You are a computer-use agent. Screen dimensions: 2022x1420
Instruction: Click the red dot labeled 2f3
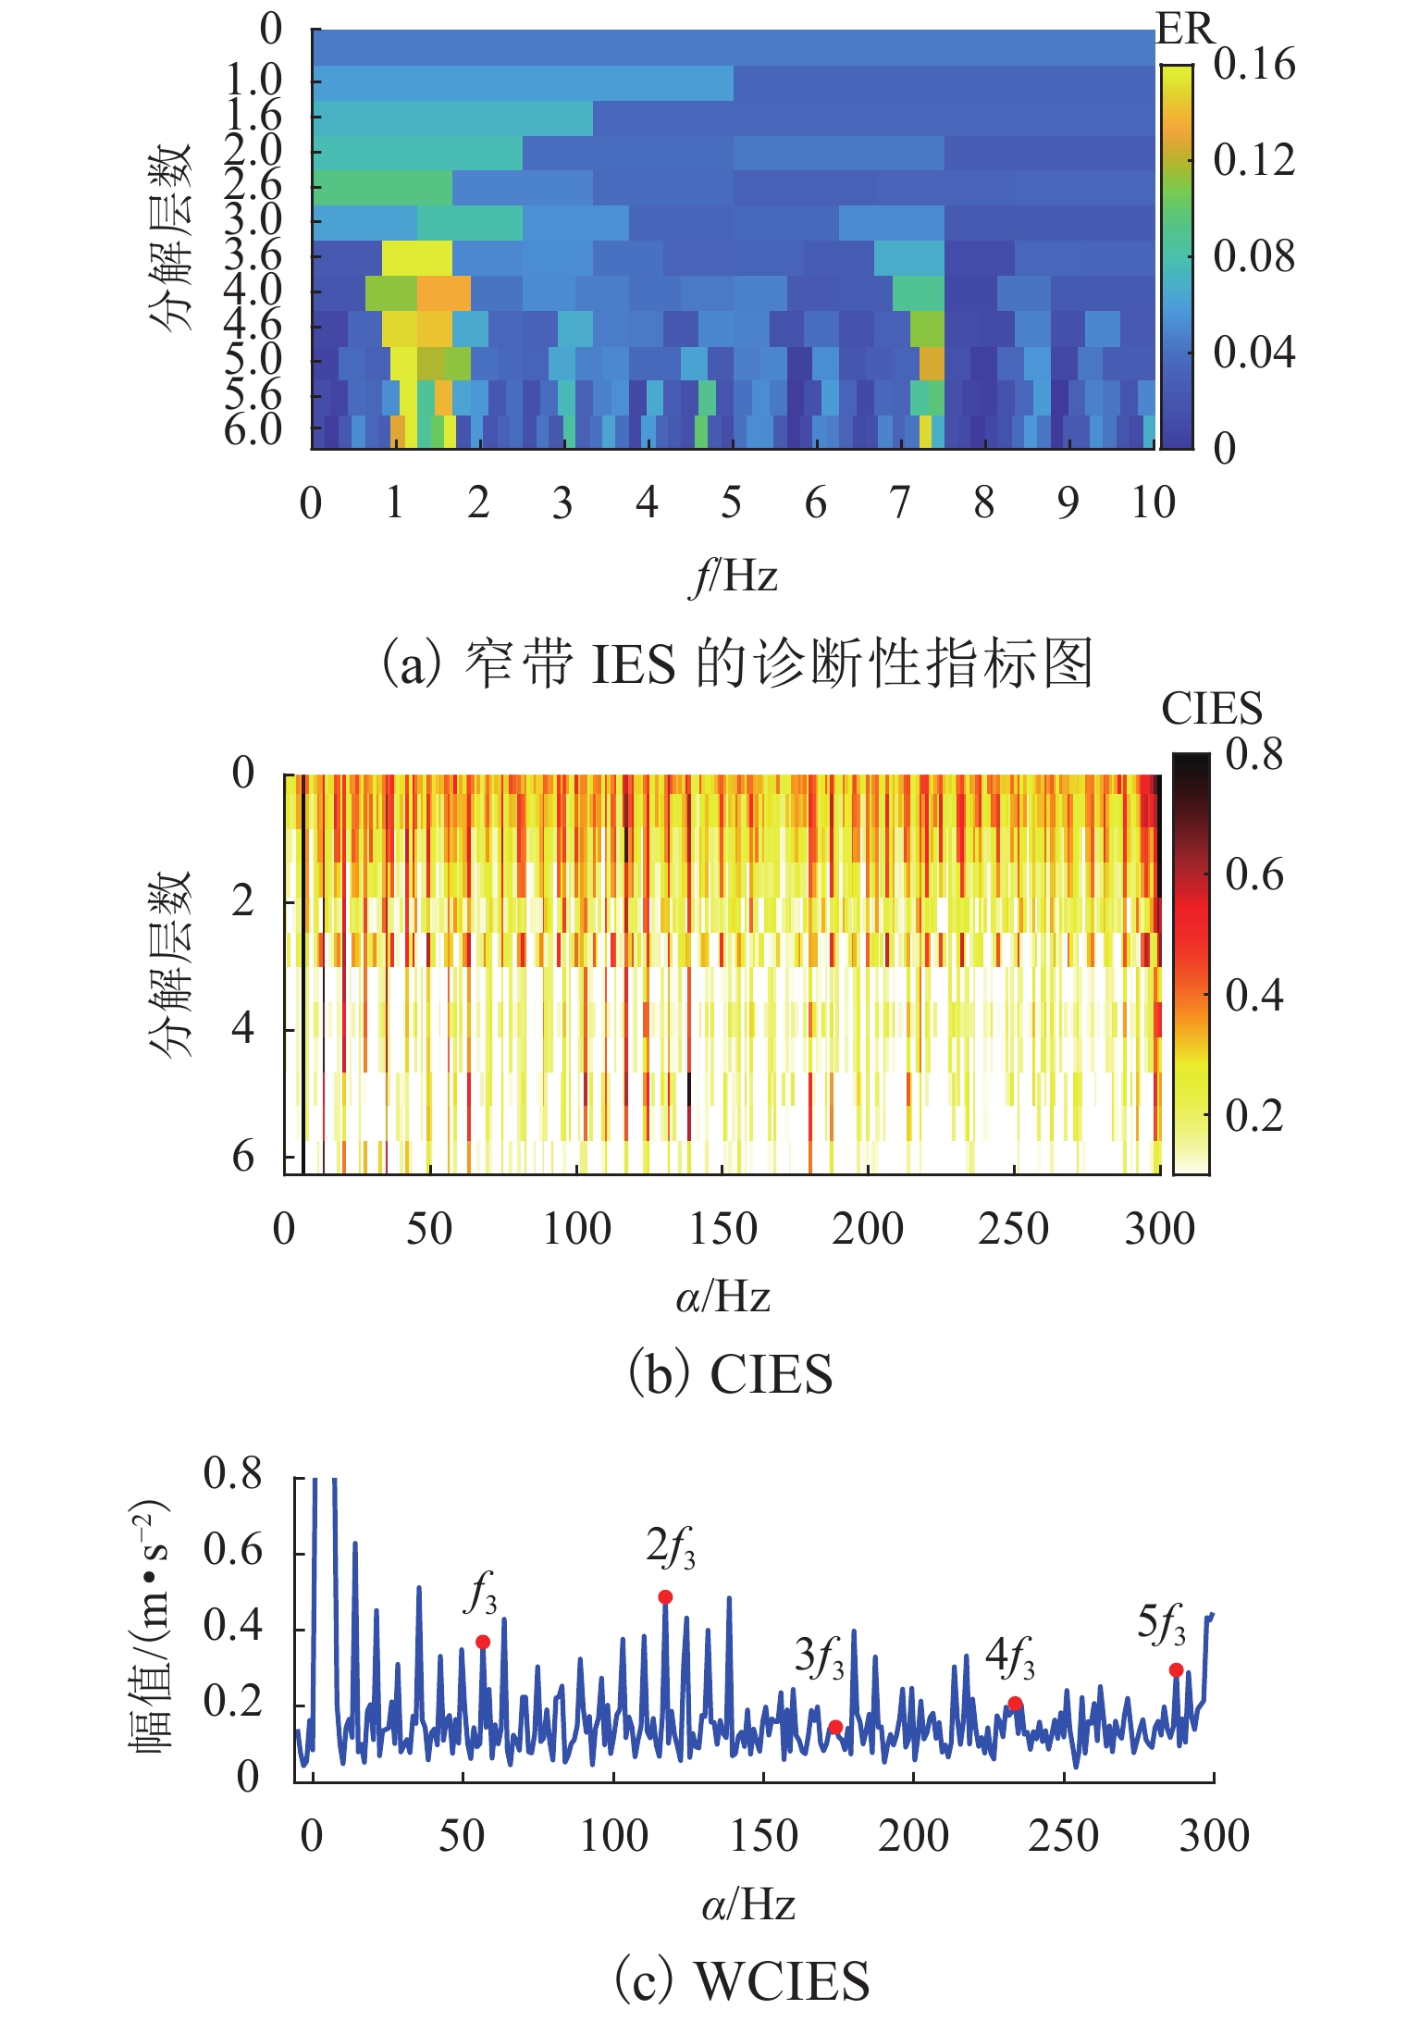click(x=665, y=1596)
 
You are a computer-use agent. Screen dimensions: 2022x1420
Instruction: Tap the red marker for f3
click(x=483, y=1641)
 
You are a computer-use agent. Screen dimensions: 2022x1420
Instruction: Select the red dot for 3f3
click(x=835, y=1727)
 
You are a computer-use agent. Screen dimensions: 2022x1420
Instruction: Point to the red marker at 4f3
click(x=1015, y=1703)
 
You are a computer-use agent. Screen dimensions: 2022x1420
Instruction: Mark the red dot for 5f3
click(x=1176, y=1669)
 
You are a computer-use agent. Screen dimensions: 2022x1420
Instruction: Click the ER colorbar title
click(x=1183, y=30)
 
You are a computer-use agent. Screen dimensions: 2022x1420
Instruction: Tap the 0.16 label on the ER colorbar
click(x=1253, y=65)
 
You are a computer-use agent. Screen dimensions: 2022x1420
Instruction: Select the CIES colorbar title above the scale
click(x=1211, y=710)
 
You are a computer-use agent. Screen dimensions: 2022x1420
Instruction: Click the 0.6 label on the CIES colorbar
click(x=1253, y=875)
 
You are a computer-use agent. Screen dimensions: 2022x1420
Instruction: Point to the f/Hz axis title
click(x=734, y=577)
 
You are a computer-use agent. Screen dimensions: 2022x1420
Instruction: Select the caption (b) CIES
click(x=730, y=1374)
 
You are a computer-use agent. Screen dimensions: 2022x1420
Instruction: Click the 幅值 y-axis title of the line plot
click(x=148, y=1628)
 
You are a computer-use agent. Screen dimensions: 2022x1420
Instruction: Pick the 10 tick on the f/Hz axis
click(x=1153, y=503)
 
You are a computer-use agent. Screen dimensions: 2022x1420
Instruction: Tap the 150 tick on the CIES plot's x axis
click(x=722, y=1230)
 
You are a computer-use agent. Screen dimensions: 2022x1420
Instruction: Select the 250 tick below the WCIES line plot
click(x=1063, y=1836)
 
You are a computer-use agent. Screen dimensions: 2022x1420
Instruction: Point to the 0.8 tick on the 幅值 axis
click(x=232, y=1474)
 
